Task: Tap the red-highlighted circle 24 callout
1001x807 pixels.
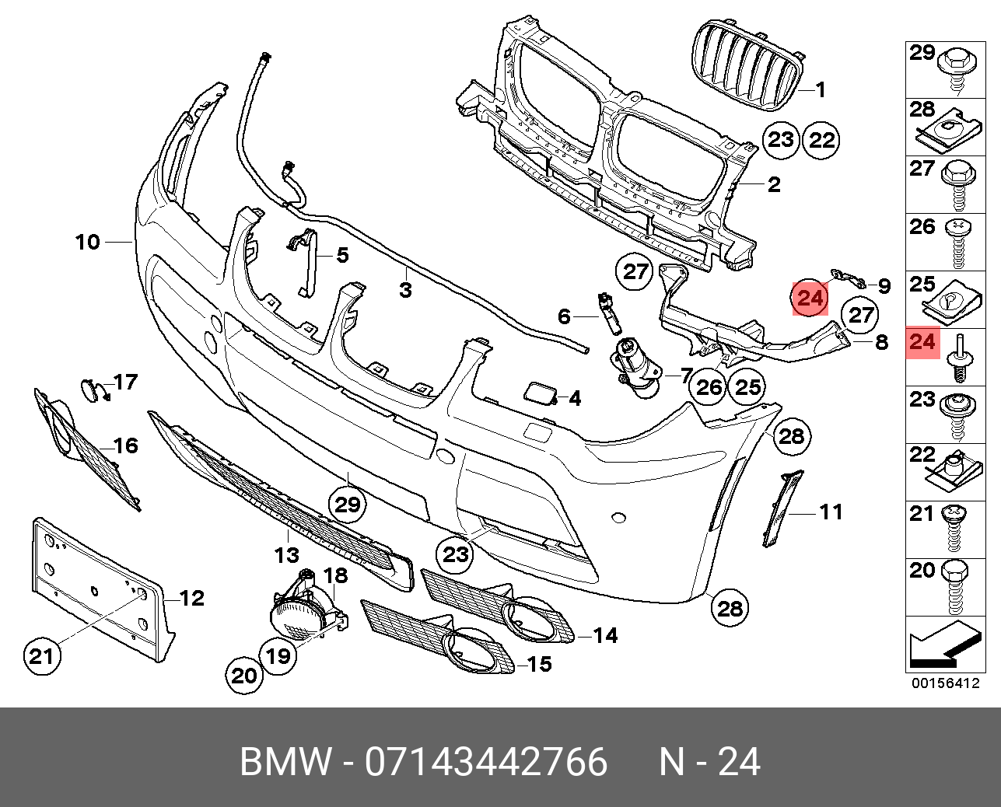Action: click(x=810, y=298)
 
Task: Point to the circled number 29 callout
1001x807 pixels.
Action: click(x=347, y=505)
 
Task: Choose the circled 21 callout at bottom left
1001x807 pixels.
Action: click(x=41, y=657)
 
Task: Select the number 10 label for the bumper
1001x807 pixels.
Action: click(x=88, y=242)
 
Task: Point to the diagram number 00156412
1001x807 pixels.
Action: click(x=945, y=683)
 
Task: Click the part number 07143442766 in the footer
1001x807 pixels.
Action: click(x=486, y=762)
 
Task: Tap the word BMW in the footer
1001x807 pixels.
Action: click(x=285, y=762)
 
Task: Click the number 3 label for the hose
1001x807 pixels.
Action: click(x=405, y=291)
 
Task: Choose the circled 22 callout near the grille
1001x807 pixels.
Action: click(x=822, y=140)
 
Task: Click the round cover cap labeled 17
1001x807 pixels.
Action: click(x=93, y=389)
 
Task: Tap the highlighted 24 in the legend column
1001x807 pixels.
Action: click(x=922, y=342)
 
